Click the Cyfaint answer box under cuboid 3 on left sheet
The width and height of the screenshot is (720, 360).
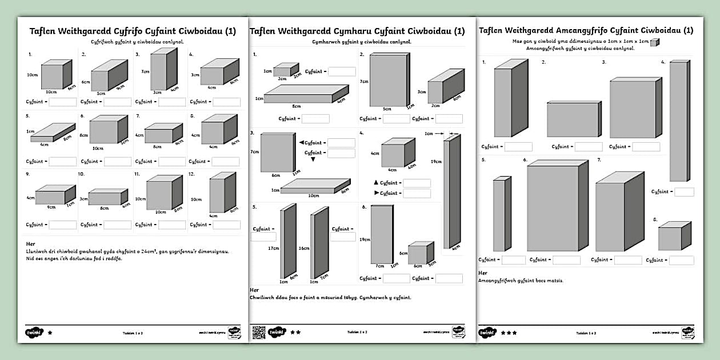(172, 102)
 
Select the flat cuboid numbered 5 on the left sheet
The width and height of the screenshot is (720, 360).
(52, 132)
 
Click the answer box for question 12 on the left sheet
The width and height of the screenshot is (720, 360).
(226, 225)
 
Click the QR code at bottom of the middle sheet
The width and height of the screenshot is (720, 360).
(258, 332)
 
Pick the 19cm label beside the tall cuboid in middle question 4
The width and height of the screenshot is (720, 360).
(436, 162)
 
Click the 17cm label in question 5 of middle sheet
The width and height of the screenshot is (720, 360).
(273, 249)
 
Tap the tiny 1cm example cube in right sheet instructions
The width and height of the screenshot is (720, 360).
(654, 42)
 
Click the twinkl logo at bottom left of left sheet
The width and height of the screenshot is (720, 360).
(33, 332)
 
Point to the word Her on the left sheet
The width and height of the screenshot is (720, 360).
(31, 244)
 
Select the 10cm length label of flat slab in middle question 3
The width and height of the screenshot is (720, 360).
(313, 195)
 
